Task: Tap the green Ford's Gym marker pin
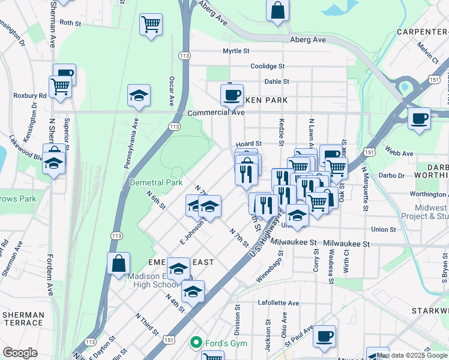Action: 195,343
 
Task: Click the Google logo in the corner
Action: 20,353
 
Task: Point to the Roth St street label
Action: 70,23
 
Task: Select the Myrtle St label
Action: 235,51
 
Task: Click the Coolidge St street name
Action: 267,66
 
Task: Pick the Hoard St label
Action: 249,144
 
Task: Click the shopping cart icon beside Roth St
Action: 151,25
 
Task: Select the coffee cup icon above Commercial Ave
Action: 232,94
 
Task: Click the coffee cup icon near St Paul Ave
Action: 325,336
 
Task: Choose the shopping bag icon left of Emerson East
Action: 118,262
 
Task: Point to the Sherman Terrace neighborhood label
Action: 23,319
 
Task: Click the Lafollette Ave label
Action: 278,303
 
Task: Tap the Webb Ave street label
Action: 400,154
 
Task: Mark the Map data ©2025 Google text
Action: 412,355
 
